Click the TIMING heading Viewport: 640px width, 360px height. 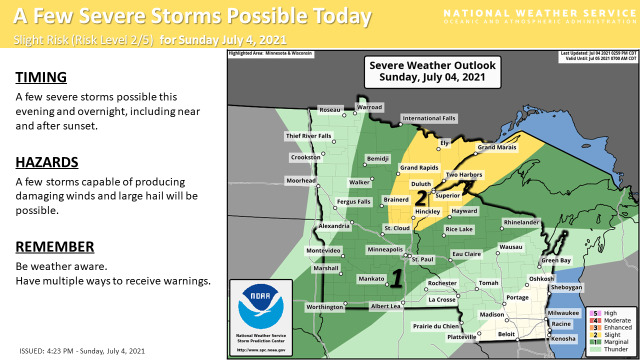pyautogui.click(x=41, y=77)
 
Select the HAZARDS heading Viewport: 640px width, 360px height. pyautogui.click(x=47, y=162)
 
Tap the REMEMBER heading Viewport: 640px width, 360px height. pyautogui.click(x=55, y=247)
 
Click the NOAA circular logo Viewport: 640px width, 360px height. pyautogui.click(x=260, y=306)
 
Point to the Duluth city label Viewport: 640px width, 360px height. pyautogui.click(x=420, y=184)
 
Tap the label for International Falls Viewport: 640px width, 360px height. pyautogui.click(x=429, y=118)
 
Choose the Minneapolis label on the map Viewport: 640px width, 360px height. pyautogui.click(x=385, y=249)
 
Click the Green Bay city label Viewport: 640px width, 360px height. pyautogui.click(x=556, y=260)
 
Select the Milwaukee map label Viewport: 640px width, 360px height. pyautogui.click(x=563, y=313)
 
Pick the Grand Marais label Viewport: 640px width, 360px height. pyautogui.click(x=496, y=147)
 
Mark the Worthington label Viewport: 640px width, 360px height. pyautogui.click(x=325, y=307)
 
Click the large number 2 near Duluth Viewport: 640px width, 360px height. pyautogui.click(x=421, y=198)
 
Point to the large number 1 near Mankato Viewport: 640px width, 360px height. pyautogui.click(x=396, y=279)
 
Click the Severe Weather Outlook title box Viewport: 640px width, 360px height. pyautogui.click(x=432, y=71)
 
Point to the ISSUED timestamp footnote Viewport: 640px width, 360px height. pyautogui.click(x=82, y=351)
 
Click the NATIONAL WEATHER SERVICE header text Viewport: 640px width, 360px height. pyautogui.click(x=540, y=13)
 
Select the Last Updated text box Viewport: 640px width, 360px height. pyautogui.click(x=598, y=56)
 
